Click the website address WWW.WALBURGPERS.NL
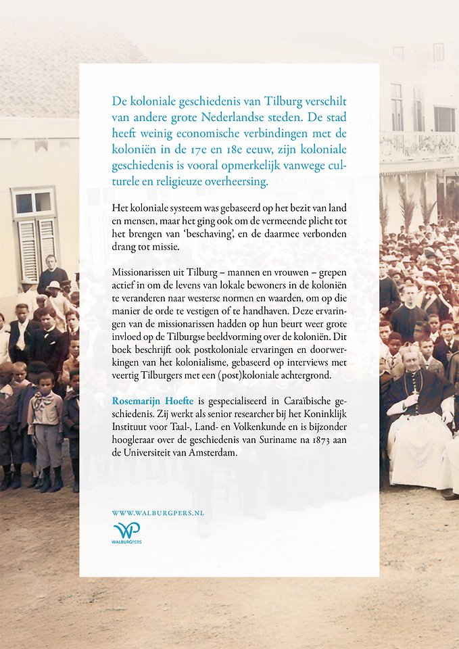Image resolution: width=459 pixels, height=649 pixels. pyautogui.click(x=158, y=514)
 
